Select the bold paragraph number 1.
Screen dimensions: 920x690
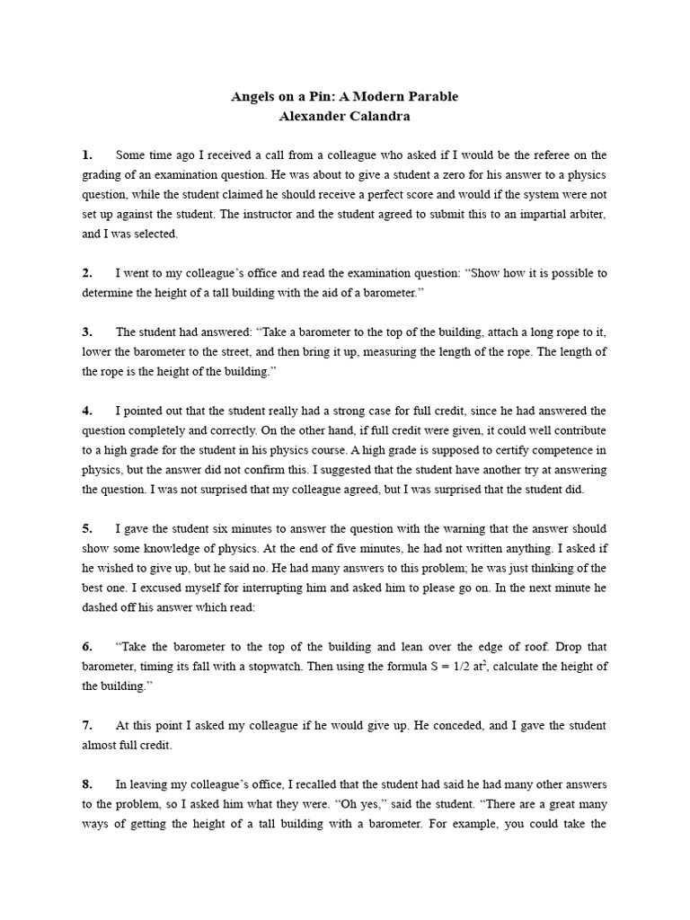pos(87,155)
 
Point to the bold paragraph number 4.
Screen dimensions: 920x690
pos(87,411)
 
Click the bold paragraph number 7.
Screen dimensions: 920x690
pos(87,725)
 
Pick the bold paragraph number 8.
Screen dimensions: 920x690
pos(87,783)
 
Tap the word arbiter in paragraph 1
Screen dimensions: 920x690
pos(586,214)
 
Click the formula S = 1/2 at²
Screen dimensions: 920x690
pos(447,666)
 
